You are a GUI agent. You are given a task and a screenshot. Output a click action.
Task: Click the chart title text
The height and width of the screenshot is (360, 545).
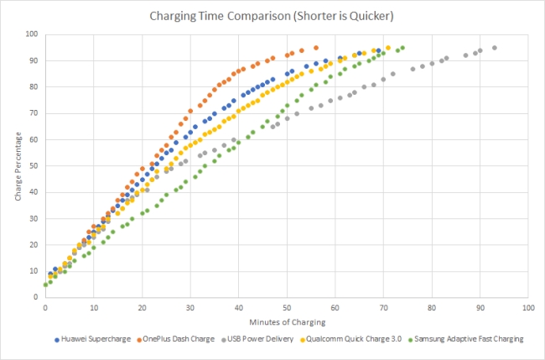[272, 16]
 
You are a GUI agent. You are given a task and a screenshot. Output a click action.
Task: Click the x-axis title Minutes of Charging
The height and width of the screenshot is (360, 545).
[288, 322]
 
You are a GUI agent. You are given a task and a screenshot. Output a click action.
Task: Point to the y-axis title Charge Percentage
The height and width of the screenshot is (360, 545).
[18, 166]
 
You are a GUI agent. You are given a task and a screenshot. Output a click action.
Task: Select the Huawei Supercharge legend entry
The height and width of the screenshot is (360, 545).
[92, 339]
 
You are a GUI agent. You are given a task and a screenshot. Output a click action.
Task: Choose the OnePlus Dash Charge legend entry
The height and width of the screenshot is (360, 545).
[175, 339]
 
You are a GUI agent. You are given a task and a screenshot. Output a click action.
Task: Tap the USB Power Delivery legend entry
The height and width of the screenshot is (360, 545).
[257, 339]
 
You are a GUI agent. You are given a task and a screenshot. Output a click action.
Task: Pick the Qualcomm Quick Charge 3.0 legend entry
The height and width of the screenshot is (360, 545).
[350, 339]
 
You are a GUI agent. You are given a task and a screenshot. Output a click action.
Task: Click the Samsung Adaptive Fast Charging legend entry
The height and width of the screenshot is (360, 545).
[465, 339]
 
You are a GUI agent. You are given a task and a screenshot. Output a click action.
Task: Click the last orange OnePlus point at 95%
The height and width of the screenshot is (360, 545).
[316, 48]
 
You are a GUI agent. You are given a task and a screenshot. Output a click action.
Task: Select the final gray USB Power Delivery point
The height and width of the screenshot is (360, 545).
[495, 48]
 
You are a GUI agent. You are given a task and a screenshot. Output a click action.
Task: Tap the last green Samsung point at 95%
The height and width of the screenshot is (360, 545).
[402, 48]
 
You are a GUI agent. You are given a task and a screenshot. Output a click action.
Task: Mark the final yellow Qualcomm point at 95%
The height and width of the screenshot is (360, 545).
[388, 48]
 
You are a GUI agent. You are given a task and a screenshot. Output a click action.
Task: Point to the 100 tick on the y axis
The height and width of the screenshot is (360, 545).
[32, 34]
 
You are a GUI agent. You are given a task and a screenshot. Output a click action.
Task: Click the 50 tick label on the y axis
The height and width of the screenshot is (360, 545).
[34, 166]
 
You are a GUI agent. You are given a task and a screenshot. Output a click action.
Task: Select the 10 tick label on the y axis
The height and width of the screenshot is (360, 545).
[34, 271]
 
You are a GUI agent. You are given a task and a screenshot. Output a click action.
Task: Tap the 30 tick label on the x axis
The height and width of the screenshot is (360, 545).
[190, 308]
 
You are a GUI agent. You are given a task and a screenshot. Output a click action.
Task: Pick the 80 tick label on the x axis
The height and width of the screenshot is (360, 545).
[432, 308]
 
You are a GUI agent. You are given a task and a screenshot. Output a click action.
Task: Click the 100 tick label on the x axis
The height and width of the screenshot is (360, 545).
[528, 308]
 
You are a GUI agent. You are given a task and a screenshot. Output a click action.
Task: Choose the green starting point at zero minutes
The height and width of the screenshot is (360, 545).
[45, 284]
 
